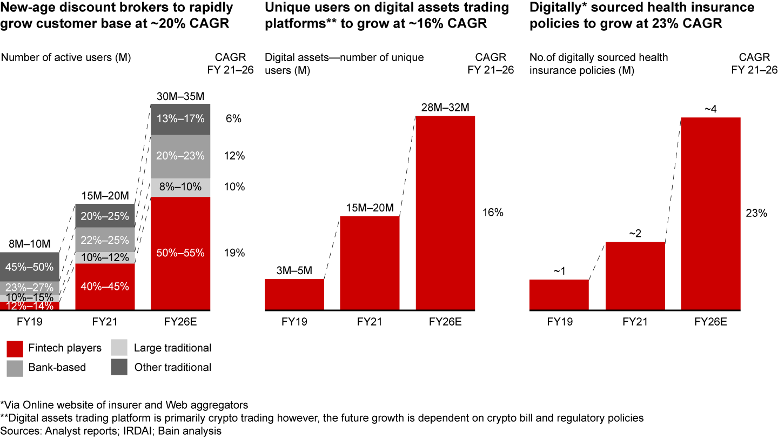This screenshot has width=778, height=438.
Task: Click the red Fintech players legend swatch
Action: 15,348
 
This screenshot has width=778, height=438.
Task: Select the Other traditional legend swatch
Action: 119,368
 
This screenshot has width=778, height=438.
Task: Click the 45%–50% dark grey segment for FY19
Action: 30,267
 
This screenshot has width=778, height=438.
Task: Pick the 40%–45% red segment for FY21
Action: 105,287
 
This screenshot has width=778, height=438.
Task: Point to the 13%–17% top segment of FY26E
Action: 180,118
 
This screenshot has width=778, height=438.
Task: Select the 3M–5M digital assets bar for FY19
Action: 294,295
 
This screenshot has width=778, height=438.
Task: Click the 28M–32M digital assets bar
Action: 445,214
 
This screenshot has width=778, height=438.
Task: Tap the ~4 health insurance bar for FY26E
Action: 710,214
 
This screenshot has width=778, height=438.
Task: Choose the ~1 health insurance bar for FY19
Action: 559,295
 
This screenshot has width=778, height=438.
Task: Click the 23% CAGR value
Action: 756,214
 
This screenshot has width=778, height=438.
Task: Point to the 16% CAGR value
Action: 492,213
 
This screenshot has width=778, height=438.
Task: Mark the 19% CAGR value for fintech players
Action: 235,253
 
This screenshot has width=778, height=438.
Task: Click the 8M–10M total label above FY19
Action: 30,244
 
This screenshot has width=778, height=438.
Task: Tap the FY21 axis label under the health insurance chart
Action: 635,322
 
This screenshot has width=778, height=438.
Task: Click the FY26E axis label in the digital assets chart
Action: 445,322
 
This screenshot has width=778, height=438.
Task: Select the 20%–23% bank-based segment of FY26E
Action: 180,156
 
